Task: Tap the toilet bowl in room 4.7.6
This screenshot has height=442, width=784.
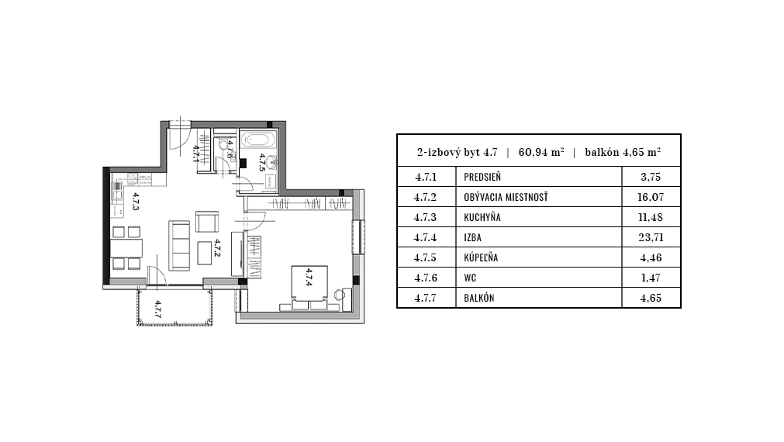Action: pyautogui.click(x=222, y=145)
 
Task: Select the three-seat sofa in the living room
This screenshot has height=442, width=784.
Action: pyautogui.click(x=179, y=246)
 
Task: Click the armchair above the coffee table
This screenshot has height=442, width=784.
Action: pyautogui.click(x=207, y=222)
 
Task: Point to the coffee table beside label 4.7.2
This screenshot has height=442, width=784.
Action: pyautogui.click(x=205, y=253)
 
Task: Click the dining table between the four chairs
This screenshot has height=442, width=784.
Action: pyautogui.click(x=127, y=248)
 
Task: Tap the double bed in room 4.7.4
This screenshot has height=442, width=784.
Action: pyautogui.click(x=310, y=288)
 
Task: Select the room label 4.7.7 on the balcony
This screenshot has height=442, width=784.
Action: pyautogui.click(x=157, y=309)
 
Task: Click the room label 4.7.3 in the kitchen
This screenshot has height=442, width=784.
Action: pyautogui.click(x=136, y=202)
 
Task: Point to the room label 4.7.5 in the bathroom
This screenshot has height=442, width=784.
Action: pyautogui.click(x=262, y=163)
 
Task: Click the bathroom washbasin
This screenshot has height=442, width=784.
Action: pyautogui.click(x=271, y=161)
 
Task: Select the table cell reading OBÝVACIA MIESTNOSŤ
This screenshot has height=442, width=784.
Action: pyautogui.click(x=506, y=197)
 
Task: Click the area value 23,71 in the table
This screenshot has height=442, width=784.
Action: pyautogui.click(x=651, y=237)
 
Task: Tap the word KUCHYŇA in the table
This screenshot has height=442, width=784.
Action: pyautogui.click(x=482, y=217)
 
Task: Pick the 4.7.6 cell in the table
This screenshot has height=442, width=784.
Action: pyautogui.click(x=426, y=278)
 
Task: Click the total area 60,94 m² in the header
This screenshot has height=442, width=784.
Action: pyautogui.click(x=541, y=152)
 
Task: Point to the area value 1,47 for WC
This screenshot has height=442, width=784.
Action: pyautogui.click(x=651, y=278)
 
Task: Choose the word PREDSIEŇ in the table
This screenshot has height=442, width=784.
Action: pyautogui.click(x=482, y=177)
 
